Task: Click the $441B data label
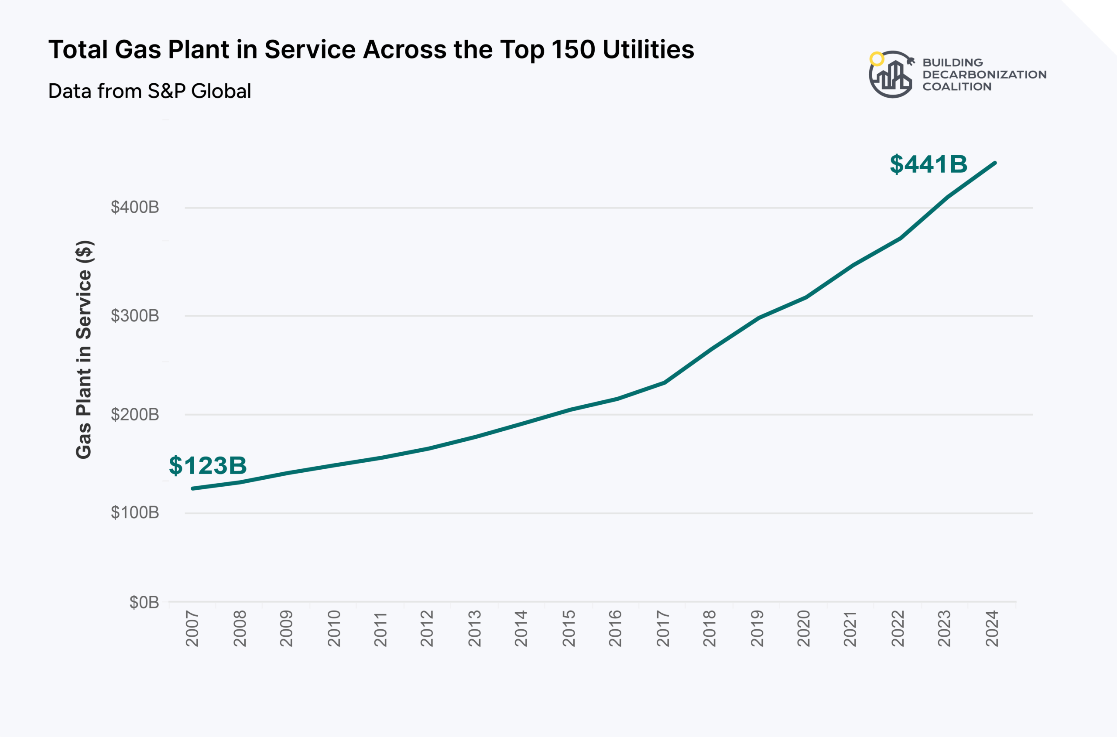(x=929, y=164)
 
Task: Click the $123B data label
(x=207, y=465)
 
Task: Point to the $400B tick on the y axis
(x=135, y=207)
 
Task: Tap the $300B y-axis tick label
(x=135, y=316)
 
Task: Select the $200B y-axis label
(x=135, y=415)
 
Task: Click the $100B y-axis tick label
(x=135, y=512)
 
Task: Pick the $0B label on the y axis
(x=144, y=602)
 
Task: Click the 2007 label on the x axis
(x=192, y=628)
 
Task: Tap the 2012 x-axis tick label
(x=427, y=628)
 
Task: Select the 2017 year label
(x=663, y=628)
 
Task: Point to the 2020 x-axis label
(x=804, y=628)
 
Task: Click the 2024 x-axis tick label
(x=992, y=628)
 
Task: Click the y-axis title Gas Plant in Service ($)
(x=84, y=350)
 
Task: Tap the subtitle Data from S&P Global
(x=150, y=91)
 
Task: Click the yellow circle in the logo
(x=877, y=59)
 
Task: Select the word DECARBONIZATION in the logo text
(x=984, y=75)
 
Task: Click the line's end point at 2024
(x=995, y=163)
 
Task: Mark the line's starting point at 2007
(x=193, y=488)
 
